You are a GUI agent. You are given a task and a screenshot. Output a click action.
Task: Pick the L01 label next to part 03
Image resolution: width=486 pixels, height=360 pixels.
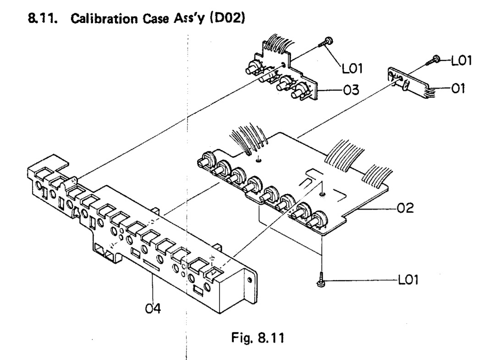(353, 69)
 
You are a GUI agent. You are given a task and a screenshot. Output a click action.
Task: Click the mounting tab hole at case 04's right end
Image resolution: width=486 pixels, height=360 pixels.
(250, 280)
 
